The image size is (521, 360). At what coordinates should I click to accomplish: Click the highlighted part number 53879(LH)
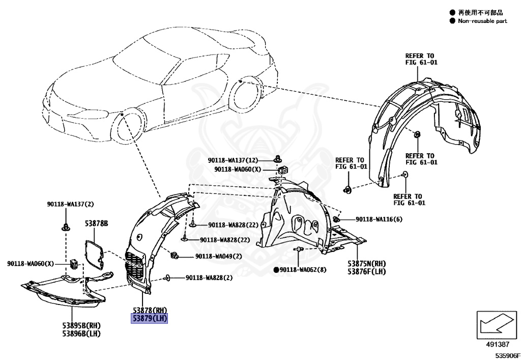click(x=150, y=319)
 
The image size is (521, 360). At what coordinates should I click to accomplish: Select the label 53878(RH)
click(x=150, y=311)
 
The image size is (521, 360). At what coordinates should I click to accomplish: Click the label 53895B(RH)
click(x=80, y=325)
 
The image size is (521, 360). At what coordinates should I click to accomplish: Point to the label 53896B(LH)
click(x=80, y=334)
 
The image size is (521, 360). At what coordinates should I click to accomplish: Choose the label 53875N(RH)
click(x=367, y=264)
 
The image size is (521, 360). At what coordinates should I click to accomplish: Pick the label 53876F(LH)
click(x=367, y=272)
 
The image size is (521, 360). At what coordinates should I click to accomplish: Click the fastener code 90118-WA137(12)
click(x=240, y=160)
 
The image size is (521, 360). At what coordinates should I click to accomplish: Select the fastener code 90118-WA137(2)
click(x=69, y=204)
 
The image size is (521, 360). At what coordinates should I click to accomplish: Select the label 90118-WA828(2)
click(x=209, y=278)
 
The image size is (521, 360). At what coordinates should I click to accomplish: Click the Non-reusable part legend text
click(x=482, y=21)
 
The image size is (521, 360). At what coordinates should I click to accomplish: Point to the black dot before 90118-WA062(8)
click(x=276, y=269)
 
